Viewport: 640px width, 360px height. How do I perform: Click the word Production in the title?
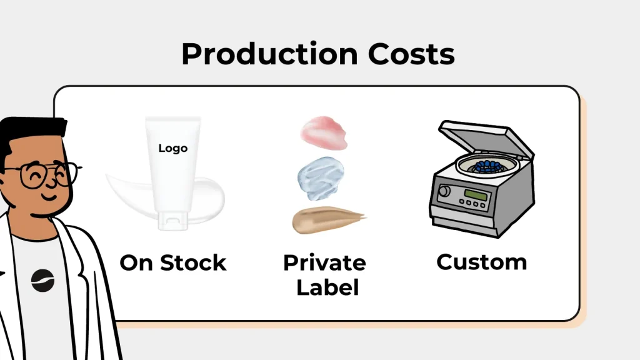coord(270,54)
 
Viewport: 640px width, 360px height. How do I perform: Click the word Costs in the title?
coord(411,54)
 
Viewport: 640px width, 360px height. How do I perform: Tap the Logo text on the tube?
coord(173,148)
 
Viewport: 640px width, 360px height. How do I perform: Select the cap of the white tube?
coord(173,221)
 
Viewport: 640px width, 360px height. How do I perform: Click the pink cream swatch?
coord(324,132)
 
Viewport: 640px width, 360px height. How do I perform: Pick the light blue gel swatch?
coord(321,179)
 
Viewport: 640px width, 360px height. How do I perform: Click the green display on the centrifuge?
coord(476,194)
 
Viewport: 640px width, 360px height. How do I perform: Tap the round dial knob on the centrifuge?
coord(444,191)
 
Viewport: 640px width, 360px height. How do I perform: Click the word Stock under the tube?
coord(193,262)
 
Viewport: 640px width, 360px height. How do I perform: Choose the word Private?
coord(324,262)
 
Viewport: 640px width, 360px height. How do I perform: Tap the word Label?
coord(327,287)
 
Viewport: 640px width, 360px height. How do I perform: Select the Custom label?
coord(482,262)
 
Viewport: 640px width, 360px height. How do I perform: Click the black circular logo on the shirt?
coord(43,281)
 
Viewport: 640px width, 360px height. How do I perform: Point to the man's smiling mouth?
coord(49,197)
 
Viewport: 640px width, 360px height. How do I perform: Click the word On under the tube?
coord(137,262)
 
